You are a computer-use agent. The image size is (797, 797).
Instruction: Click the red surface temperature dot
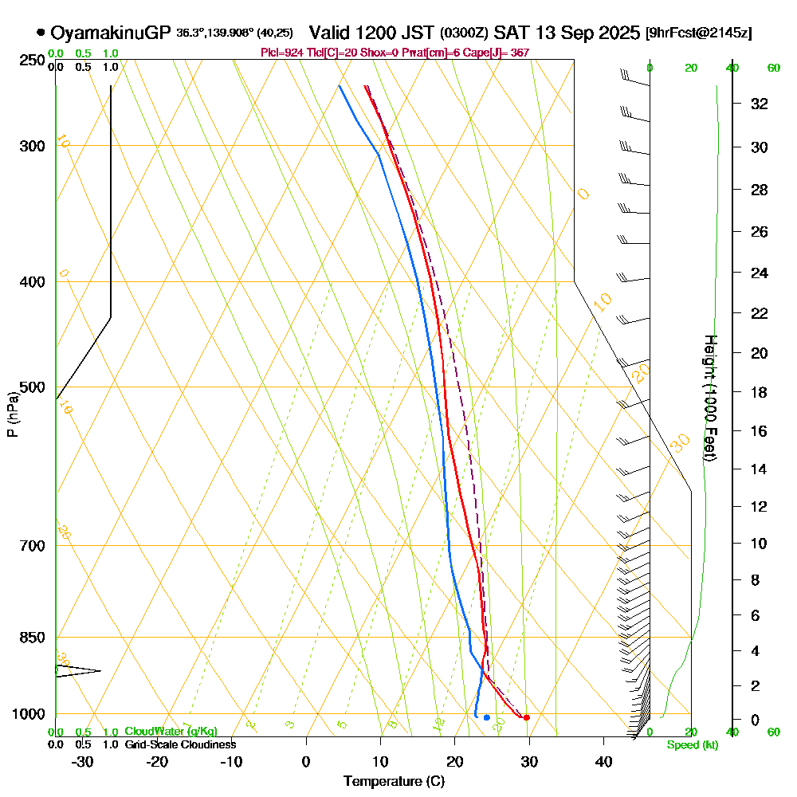pyautogui.click(x=526, y=717)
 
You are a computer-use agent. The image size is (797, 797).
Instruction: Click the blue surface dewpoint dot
pyautogui.click(x=486, y=717)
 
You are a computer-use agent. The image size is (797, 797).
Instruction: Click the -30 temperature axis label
pyautogui.click(x=83, y=761)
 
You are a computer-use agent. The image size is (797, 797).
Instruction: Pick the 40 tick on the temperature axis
pyautogui.click(x=603, y=761)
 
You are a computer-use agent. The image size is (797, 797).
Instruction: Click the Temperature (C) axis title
pyautogui.click(x=394, y=782)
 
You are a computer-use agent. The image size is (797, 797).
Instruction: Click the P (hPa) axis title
pyautogui.click(x=12, y=414)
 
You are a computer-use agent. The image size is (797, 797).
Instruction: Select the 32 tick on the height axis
pyautogui.click(x=760, y=104)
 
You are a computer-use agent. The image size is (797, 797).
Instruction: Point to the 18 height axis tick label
pyautogui.click(x=760, y=392)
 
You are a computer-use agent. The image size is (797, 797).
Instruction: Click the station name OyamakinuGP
pyautogui.click(x=110, y=33)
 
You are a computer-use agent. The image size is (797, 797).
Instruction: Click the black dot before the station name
pyautogui.click(x=41, y=33)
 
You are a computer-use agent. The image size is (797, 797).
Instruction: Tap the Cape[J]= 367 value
pyautogui.click(x=503, y=53)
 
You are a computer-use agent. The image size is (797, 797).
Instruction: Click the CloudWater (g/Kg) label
pyautogui.click(x=171, y=732)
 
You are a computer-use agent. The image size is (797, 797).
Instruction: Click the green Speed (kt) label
pyautogui.click(x=689, y=744)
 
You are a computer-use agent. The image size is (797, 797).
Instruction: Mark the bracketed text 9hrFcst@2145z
pyautogui.click(x=701, y=33)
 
